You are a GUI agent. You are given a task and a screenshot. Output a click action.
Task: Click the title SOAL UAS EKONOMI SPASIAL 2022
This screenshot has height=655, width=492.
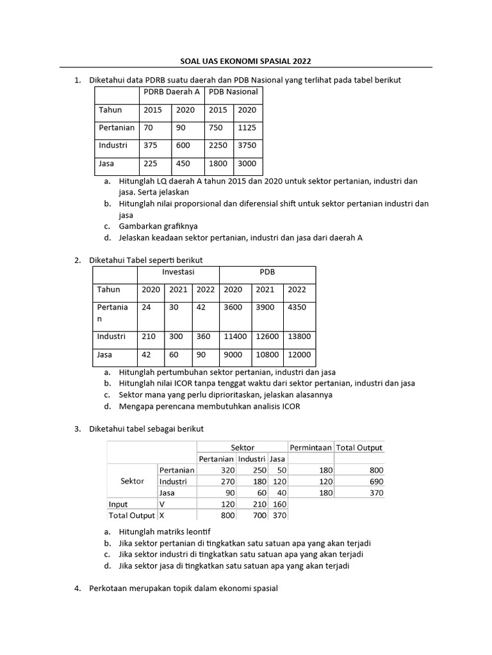(x=246, y=61)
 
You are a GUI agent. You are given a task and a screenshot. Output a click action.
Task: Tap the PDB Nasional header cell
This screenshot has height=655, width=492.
(x=233, y=91)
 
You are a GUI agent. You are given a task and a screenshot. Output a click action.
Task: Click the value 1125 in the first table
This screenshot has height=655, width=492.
(x=247, y=127)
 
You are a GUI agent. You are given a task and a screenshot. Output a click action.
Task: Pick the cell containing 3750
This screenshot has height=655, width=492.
(x=247, y=145)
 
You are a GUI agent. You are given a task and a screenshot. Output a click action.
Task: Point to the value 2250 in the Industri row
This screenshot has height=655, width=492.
(x=218, y=145)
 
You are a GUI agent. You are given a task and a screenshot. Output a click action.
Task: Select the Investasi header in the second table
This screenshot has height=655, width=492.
(x=178, y=272)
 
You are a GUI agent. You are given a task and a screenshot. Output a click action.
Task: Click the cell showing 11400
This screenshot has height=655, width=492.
(x=234, y=336)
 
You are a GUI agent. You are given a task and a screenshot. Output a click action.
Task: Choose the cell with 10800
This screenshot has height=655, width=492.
(x=268, y=354)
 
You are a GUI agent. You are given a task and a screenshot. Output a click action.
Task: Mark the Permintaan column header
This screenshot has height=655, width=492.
(x=311, y=448)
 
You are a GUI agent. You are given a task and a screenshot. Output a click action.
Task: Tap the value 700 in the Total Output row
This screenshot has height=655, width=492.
(x=256, y=515)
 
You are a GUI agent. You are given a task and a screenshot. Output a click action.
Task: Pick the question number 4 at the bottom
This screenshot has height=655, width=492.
(x=77, y=588)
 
